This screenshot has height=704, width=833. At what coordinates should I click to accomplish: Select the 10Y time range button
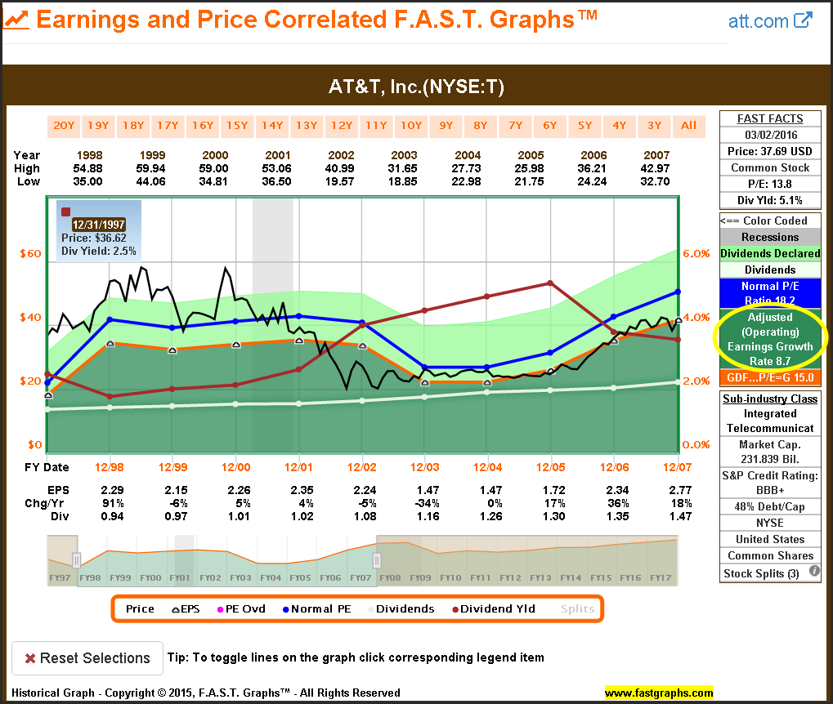(410, 126)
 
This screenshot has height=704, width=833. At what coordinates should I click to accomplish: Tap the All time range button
(689, 126)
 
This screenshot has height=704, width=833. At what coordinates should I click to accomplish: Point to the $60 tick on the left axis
(31, 253)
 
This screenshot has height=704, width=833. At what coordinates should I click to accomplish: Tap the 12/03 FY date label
(424, 467)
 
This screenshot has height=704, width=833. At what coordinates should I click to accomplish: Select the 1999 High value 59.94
(152, 168)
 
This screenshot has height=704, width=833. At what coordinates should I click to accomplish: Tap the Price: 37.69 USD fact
(770, 151)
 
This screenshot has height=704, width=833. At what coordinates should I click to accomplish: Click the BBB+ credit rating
(770, 491)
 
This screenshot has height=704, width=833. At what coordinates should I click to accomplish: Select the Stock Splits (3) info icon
(814, 572)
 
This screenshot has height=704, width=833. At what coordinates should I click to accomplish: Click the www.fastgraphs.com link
(659, 693)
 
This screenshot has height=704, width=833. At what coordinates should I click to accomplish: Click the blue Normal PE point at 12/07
(678, 292)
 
